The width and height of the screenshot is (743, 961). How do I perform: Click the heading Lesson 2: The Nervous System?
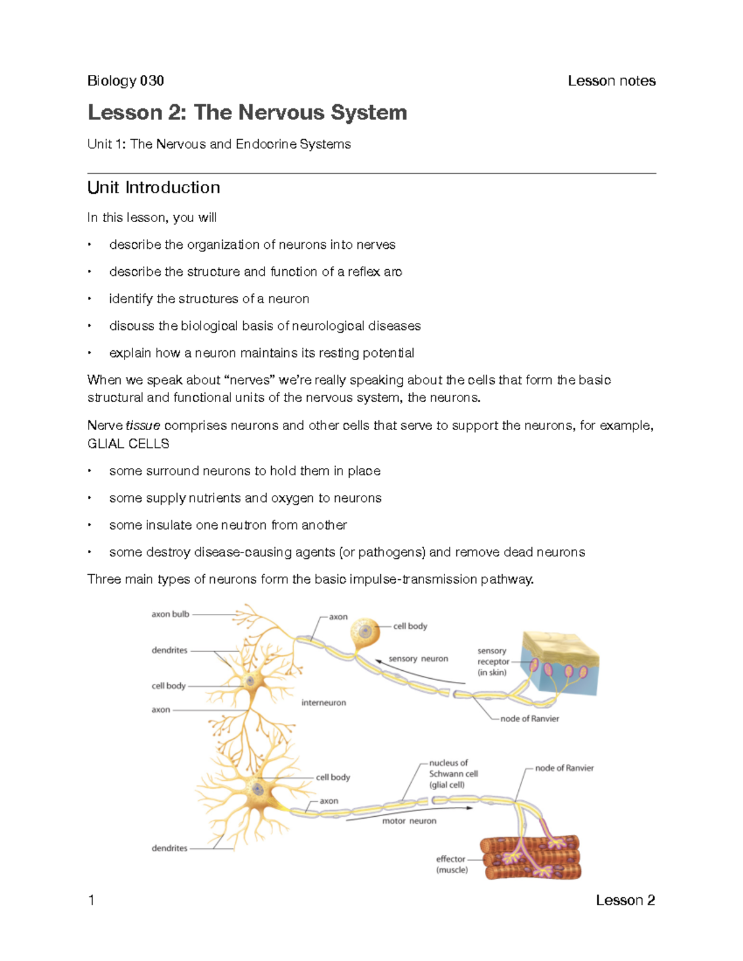[x=247, y=113]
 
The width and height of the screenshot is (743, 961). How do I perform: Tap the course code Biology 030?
[x=126, y=80]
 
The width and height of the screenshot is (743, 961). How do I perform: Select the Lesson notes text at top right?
[x=611, y=80]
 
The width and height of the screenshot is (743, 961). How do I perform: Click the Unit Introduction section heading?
[x=154, y=187]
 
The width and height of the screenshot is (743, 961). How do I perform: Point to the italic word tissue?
[x=143, y=426]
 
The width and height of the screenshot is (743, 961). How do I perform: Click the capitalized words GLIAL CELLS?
[x=128, y=444]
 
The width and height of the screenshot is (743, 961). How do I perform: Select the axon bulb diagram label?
[x=170, y=614]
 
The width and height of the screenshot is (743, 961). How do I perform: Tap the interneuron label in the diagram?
[x=323, y=703]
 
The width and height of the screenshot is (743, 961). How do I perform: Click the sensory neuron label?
[x=418, y=659]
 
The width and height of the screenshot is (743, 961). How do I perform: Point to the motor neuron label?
[x=409, y=821]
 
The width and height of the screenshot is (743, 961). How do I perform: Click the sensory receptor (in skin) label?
[x=492, y=661]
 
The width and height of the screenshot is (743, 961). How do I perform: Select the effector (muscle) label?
[x=451, y=864]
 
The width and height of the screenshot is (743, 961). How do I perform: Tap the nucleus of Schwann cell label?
[x=453, y=774]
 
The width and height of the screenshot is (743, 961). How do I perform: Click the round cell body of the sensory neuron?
[x=365, y=632]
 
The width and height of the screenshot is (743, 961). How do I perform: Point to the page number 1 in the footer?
[x=92, y=900]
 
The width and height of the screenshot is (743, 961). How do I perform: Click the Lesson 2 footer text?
[x=625, y=900]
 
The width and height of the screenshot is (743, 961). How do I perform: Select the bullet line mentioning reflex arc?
[x=255, y=272]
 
